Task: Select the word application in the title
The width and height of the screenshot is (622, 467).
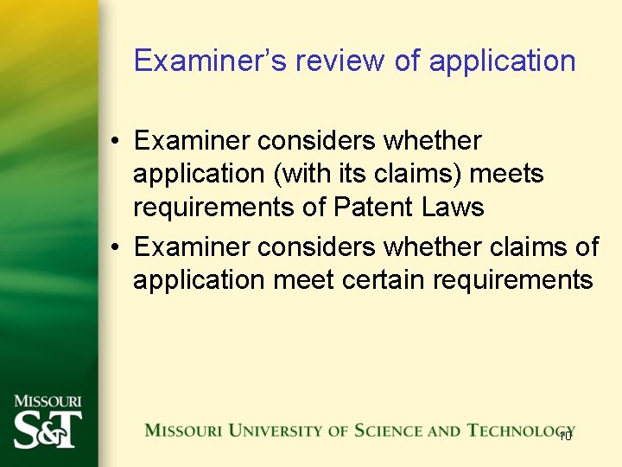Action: coord(502,61)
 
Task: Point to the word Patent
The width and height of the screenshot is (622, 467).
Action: coord(374,208)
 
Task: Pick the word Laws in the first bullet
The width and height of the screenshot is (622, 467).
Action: coord(453,208)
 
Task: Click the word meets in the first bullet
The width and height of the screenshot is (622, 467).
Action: coord(506,174)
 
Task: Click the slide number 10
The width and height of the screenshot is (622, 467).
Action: coord(565,435)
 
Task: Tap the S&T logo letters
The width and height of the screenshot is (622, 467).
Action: coord(48,430)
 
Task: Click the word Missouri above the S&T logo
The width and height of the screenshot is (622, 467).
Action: coord(48,401)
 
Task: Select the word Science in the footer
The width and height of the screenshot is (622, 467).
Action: coord(375,431)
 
